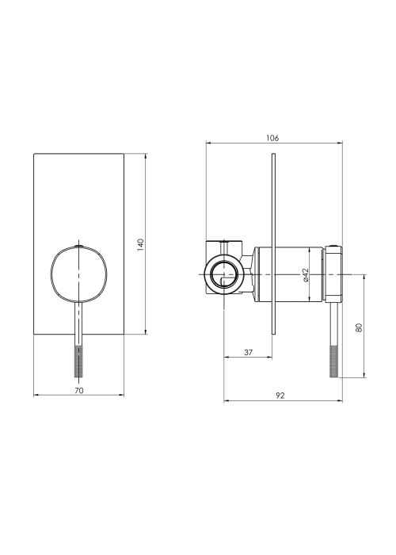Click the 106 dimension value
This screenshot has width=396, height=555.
pos(272,138)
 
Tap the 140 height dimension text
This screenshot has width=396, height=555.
pos(141,245)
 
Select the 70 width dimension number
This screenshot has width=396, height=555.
pos(79,390)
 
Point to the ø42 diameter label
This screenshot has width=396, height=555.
pos(306,275)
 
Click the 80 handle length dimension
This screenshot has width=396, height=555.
pos(360,327)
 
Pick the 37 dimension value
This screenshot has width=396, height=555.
pos(249,353)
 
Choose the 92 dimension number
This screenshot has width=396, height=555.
pos(280,396)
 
